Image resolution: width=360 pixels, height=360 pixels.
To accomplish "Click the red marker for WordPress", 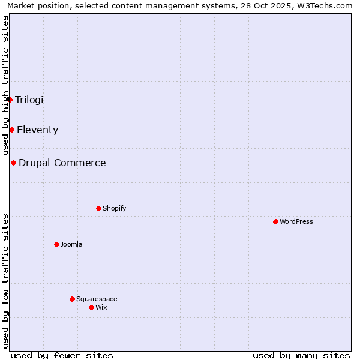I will pyautogui.click(x=275, y=221).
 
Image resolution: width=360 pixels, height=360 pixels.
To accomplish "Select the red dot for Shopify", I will pyautogui.click(x=98, y=208).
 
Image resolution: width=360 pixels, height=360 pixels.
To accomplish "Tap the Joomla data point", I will pyautogui.click(x=56, y=244).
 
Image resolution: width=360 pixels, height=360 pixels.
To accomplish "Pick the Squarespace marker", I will pyautogui.click(x=72, y=299).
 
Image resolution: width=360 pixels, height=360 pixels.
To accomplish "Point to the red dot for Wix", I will pyautogui.click(x=91, y=307).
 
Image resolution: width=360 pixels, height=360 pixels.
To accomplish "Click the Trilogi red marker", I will pyautogui.click(x=10, y=100).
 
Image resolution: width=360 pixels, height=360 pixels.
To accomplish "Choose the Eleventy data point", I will pyautogui.click(x=11, y=130).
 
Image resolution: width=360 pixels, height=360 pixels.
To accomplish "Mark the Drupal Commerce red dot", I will pyautogui.click(x=13, y=163).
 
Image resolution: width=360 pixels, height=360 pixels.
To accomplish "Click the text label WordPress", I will pyautogui.click(x=296, y=221).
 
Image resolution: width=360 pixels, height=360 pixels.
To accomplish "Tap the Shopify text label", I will pyautogui.click(x=115, y=208).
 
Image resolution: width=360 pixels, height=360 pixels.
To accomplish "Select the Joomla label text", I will pyautogui.click(x=71, y=244).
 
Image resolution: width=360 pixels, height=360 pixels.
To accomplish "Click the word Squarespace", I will pyautogui.click(x=97, y=299).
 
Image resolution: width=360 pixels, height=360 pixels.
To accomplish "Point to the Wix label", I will pyautogui.click(x=101, y=307).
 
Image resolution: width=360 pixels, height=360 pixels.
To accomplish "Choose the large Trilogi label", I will pyautogui.click(x=29, y=100).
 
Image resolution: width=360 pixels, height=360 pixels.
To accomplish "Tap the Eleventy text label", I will pyautogui.click(x=37, y=130).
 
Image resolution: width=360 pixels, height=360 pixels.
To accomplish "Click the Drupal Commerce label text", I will pyautogui.click(x=62, y=163).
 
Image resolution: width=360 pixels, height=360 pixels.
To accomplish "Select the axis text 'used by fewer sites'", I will pyautogui.click(x=62, y=355).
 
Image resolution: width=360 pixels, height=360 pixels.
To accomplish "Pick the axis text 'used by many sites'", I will pyautogui.click(x=301, y=355).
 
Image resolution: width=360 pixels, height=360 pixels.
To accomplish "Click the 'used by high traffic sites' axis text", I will pyautogui.click(x=5, y=86).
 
